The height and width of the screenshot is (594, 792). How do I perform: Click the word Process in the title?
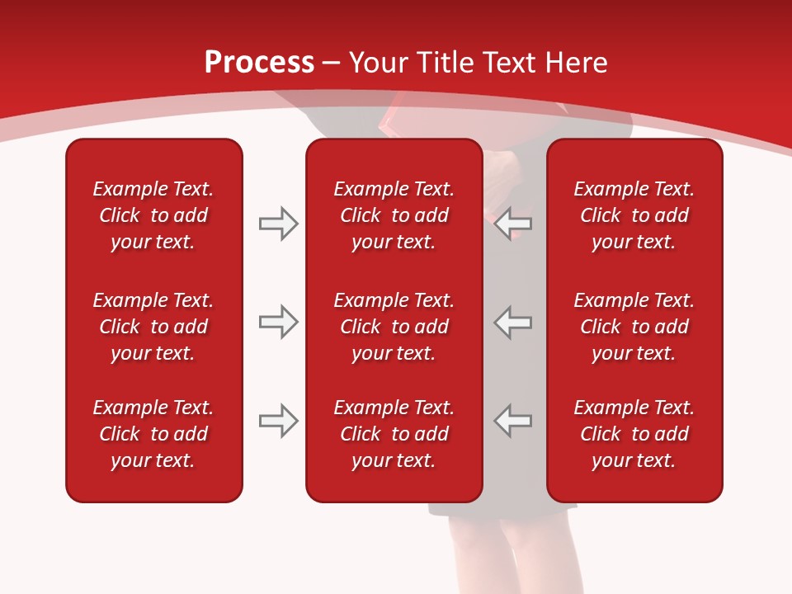[x=259, y=63]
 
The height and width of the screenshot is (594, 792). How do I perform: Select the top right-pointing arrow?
[x=278, y=223]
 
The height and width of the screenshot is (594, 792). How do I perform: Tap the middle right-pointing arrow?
[x=278, y=322]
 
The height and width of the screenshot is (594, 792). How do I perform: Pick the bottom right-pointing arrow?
[x=278, y=421]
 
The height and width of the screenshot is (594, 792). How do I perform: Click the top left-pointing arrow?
[x=513, y=223]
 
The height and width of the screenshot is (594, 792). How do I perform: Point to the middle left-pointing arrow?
[x=513, y=322]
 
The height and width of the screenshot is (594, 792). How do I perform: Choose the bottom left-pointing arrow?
[x=513, y=421]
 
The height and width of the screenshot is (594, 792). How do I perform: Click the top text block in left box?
[x=153, y=215]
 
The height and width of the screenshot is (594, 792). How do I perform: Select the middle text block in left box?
[x=153, y=327]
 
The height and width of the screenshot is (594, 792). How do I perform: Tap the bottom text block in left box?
[x=153, y=434]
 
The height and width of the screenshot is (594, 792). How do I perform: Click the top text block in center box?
[x=394, y=215]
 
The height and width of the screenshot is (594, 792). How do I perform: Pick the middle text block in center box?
[x=394, y=327]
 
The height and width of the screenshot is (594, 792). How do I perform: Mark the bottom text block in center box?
[x=394, y=434]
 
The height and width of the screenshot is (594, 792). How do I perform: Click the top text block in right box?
[x=634, y=215]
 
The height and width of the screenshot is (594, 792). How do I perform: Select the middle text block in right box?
[x=634, y=327]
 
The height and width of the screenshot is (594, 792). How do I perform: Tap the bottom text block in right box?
[x=634, y=434]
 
